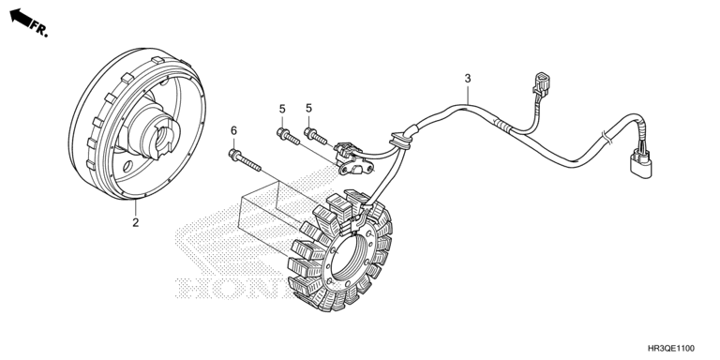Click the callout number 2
(135, 223)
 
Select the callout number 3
(468, 79)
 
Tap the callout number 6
(233, 131)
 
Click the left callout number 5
(282, 109)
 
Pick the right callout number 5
(308, 108)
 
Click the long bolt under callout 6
(245, 160)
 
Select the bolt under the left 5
(288, 137)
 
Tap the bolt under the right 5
(315, 136)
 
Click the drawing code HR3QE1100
(671, 349)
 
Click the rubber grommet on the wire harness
(400, 139)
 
